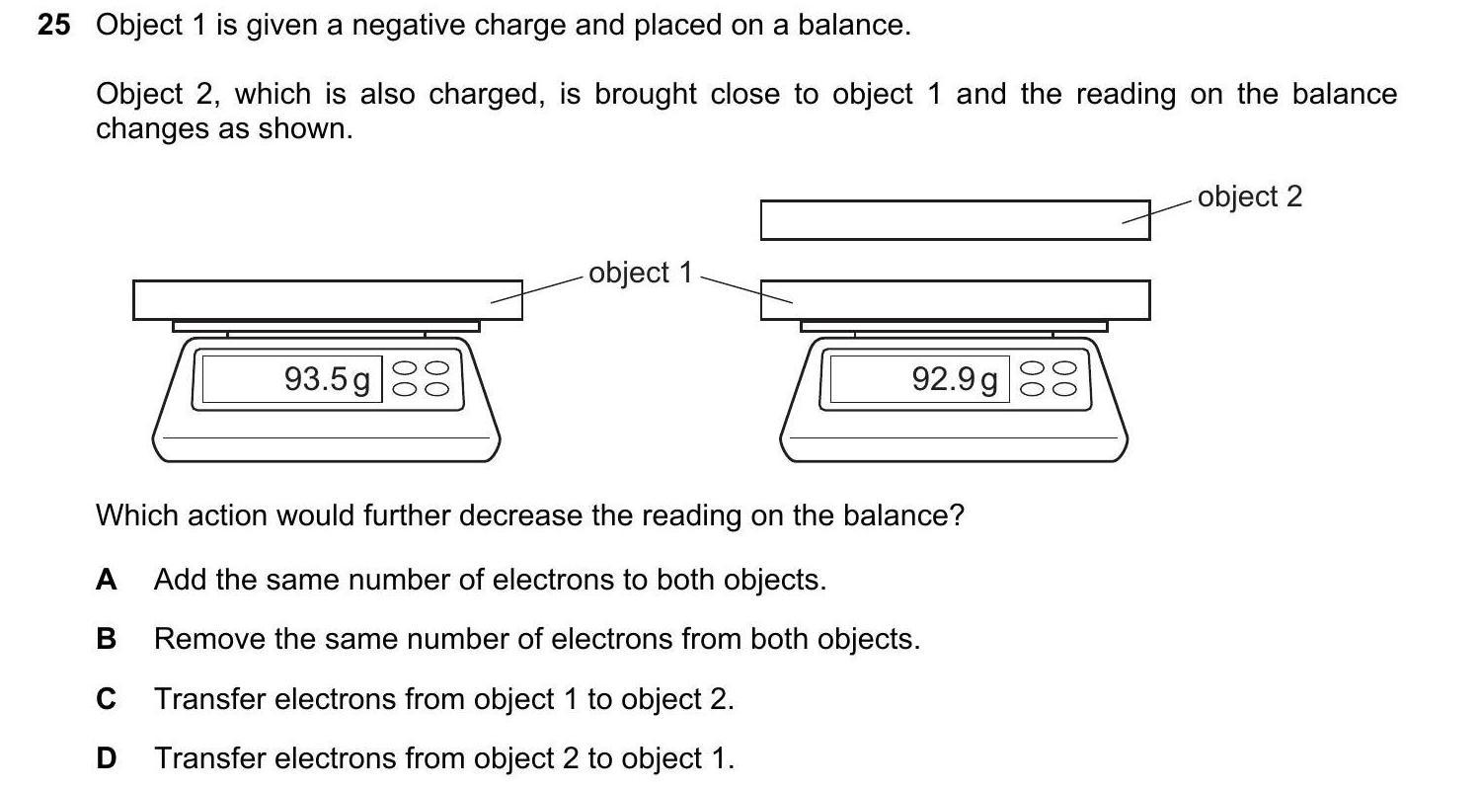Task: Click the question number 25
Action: click(54, 26)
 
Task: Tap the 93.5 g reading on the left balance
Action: click(327, 379)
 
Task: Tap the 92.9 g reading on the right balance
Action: click(955, 379)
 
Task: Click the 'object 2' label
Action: click(1250, 197)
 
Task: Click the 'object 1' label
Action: click(641, 273)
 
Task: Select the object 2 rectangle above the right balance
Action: click(955, 219)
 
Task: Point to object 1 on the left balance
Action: click(327, 300)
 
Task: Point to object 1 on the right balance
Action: click(955, 300)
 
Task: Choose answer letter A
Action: click(106, 580)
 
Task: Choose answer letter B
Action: click(106, 640)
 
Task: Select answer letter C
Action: click(106, 700)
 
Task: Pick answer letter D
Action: click(106, 759)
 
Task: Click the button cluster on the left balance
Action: click(421, 379)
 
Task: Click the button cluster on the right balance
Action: click(1049, 379)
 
